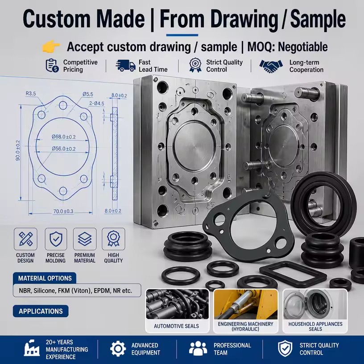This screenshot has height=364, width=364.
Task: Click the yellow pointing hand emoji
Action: click(x=51, y=46)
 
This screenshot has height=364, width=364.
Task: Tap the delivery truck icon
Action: click(x=125, y=66)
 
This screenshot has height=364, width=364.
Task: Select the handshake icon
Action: click(x=271, y=66)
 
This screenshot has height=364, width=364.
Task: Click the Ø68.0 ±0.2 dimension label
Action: click(x=64, y=137)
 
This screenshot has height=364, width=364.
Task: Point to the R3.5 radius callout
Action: click(x=31, y=94)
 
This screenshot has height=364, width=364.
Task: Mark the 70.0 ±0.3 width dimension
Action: click(x=63, y=211)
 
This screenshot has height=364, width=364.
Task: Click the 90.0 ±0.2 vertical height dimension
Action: click(x=18, y=150)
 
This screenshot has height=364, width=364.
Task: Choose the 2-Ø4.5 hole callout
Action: click(x=96, y=103)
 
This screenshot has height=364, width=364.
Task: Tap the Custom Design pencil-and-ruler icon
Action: click(x=25, y=239)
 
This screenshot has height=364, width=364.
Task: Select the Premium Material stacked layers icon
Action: click(x=85, y=239)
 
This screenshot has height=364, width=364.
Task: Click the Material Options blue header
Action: click(x=45, y=278)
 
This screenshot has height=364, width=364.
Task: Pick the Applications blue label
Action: click(x=41, y=311)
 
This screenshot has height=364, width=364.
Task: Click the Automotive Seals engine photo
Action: click(x=177, y=304)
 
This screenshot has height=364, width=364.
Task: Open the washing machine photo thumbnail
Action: click(x=315, y=304)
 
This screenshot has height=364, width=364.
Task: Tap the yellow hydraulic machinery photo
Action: click(x=246, y=304)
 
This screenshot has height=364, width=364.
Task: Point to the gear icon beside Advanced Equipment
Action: click(x=118, y=349)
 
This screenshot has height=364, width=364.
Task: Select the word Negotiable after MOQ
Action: click(x=303, y=47)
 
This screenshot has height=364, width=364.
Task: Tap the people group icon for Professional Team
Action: click(x=198, y=348)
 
